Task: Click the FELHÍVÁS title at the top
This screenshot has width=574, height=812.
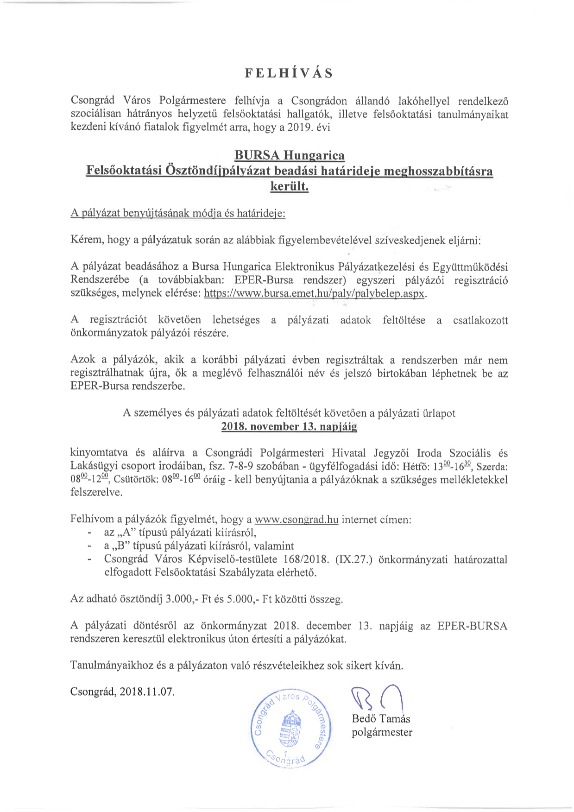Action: pos(289,73)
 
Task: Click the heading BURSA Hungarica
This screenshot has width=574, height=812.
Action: pos(290,154)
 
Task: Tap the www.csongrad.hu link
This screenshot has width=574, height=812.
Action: pos(296,519)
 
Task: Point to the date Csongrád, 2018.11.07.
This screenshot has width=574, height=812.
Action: pos(123,692)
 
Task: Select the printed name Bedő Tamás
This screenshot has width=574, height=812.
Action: pos(381,719)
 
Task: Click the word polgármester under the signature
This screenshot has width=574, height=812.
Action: pos(382,732)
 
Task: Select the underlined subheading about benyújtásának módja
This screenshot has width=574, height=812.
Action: pos(178,214)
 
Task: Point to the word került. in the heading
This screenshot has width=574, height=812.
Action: pos(289,188)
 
